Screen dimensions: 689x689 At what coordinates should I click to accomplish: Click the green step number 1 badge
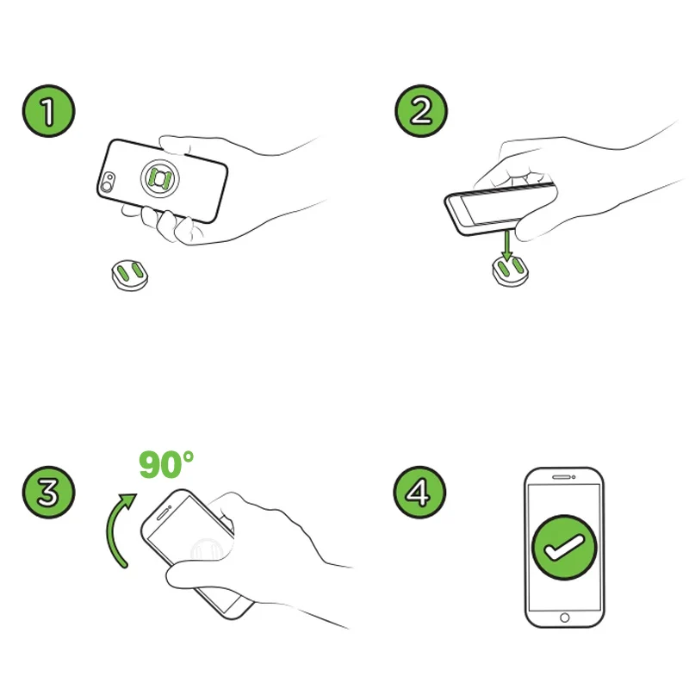click(49, 111)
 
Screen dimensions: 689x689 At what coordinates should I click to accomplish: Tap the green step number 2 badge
click(421, 111)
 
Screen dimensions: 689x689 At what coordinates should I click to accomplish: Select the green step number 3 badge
click(49, 492)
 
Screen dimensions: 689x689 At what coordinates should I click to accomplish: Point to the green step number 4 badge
click(419, 492)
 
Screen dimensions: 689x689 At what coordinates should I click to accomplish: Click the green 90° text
click(166, 465)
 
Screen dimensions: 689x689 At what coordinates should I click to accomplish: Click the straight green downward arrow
click(507, 245)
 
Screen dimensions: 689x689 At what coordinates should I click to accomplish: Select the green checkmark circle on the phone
click(564, 548)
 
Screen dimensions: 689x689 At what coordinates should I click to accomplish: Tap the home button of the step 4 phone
click(565, 618)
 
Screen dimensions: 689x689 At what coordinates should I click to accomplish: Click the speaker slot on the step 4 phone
click(562, 477)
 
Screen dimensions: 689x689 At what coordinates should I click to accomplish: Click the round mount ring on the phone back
click(160, 178)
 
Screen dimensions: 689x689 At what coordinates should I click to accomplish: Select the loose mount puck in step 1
click(130, 275)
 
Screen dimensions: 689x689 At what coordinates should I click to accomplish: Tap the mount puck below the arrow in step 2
click(510, 271)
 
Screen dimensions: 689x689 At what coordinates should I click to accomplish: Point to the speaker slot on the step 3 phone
click(163, 513)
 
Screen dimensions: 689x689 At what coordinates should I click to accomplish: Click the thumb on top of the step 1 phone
click(175, 145)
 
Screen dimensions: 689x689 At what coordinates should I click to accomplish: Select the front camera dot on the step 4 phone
click(574, 477)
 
